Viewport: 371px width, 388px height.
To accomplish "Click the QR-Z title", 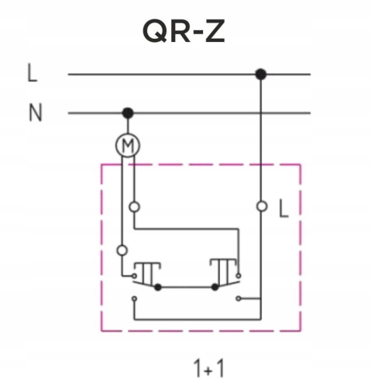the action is [x=184, y=31].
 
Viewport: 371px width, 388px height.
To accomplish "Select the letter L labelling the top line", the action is [x=32, y=73].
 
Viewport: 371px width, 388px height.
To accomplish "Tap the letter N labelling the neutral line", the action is [x=35, y=113].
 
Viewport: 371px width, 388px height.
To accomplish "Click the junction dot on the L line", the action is [x=260, y=74].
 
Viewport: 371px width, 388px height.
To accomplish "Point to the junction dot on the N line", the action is [x=128, y=113].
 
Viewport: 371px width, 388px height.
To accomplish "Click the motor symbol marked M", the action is [x=128, y=145].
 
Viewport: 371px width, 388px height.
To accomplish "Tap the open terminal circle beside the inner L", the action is [x=262, y=206].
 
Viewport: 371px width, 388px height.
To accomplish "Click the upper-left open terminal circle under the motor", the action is [x=134, y=207].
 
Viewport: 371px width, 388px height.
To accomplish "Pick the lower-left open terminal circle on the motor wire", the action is [x=122, y=251].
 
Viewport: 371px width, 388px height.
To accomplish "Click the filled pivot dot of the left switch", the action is [x=157, y=287].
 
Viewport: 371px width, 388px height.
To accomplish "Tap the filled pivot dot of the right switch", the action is [x=215, y=287].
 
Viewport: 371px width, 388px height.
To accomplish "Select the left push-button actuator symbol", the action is [x=147, y=273].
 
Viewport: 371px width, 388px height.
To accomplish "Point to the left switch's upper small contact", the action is [x=134, y=275].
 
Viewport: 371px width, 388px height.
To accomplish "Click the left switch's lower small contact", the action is [x=134, y=299].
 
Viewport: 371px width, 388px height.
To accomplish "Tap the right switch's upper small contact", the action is [x=239, y=275].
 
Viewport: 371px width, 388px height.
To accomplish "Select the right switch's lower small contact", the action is [x=239, y=299].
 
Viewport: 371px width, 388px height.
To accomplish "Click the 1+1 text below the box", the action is [x=209, y=368].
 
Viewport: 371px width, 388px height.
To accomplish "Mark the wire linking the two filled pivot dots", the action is [x=186, y=287].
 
